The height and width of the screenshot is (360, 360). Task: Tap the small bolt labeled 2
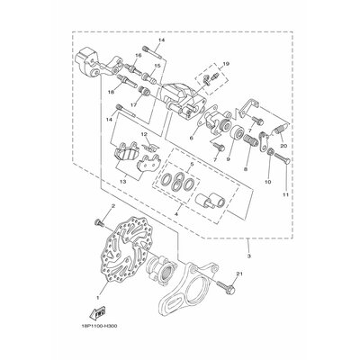(96, 221)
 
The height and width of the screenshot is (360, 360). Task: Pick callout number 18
(110, 91)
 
